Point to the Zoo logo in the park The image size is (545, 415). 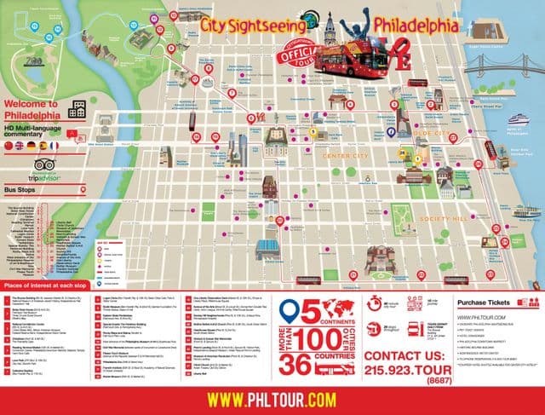coord(34,61)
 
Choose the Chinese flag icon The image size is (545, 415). coord(9,146)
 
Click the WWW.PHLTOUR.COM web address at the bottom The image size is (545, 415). coord(272,397)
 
